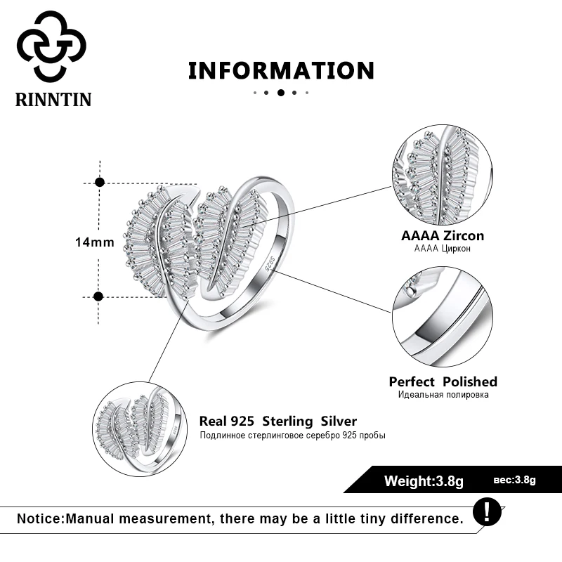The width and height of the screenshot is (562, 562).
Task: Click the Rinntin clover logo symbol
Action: click(x=51, y=46)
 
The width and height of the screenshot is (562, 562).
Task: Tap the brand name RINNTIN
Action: click(x=53, y=99)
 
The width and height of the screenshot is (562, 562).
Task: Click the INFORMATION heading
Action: click(x=281, y=70)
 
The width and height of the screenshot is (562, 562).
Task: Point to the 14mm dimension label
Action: click(x=94, y=242)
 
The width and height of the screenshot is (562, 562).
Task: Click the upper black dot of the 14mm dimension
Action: click(x=100, y=182)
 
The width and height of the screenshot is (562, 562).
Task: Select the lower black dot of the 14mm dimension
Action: click(x=99, y=296)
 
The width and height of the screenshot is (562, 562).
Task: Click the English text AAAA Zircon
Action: click(x=443, y=236)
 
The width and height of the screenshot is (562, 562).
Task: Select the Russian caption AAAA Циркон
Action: click(x=443, y=249)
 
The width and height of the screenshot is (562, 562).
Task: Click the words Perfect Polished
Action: click(x=443, y=381)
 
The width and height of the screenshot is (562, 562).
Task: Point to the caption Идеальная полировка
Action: click(x=443, y=395)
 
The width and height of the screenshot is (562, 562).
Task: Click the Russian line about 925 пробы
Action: click(x=293, y=435)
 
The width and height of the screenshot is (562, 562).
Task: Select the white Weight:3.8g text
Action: click(x=424, y=481)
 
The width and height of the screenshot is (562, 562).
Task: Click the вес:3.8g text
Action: click(x=514, y=481)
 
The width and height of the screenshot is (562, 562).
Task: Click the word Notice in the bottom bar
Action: click(x=40, y=519)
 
